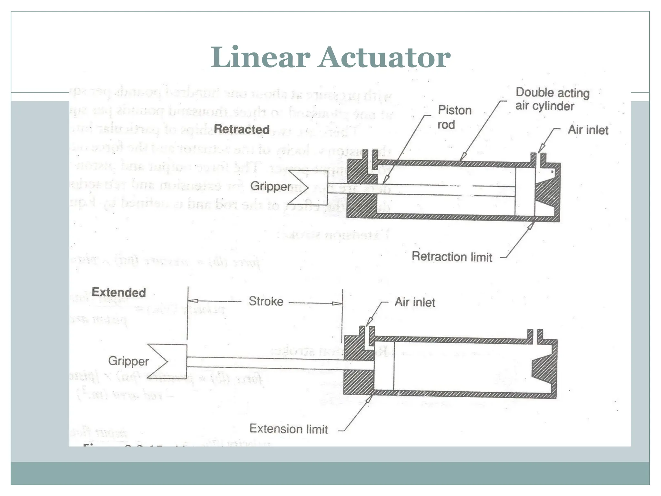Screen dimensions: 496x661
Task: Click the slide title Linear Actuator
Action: pos(330,57)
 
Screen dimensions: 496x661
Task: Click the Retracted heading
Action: pos(241,129)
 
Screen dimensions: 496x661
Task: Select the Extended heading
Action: pos(119,292)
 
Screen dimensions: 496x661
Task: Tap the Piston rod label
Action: pos(454,117)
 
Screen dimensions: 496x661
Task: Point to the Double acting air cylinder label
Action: pos(552,99)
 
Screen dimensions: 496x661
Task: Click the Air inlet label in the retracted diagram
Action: pos(588,130)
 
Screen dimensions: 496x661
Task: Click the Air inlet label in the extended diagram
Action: pos(415,302)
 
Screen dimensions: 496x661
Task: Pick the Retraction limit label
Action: pos(452,257)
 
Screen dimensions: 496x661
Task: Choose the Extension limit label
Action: pos(289,429)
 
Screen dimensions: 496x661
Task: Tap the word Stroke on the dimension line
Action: pos(266,301)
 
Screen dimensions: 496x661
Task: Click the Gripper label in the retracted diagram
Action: pos(270,186)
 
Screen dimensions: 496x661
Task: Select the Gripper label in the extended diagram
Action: pos(128,361)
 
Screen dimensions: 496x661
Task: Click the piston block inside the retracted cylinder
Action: pos(525,191)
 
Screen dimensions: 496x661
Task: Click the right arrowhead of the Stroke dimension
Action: pos(337,304)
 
